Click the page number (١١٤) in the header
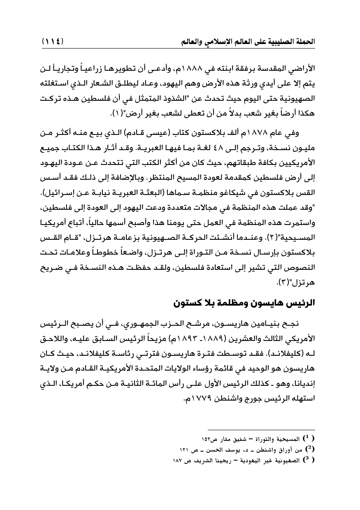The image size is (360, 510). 55,42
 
